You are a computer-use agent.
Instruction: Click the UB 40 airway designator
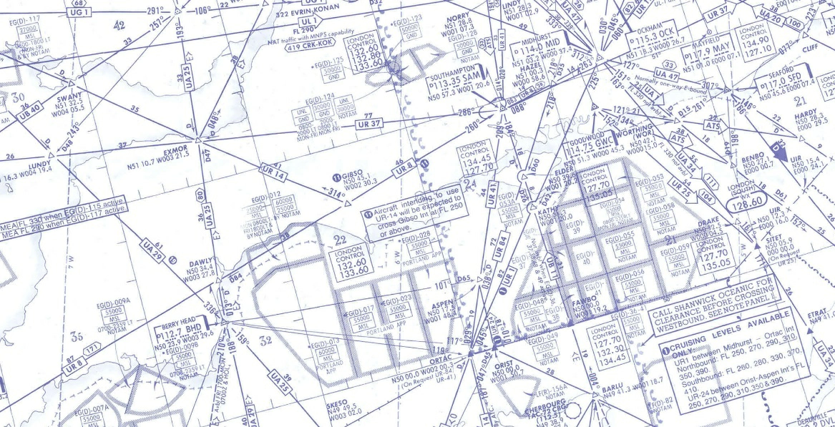(29, 113)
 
